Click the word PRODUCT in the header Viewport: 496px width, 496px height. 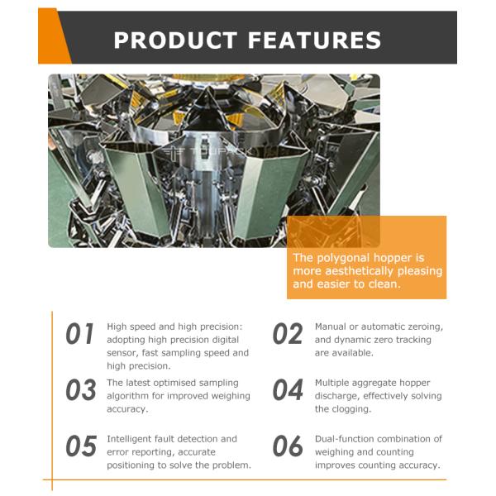(x=175, y=41)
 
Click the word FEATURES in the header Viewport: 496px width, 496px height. (x=314, y=41)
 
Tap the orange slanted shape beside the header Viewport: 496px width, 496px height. (x=54, y=36)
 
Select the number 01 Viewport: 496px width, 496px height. (x=79, y=333)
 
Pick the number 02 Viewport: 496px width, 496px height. (x=288, y=333)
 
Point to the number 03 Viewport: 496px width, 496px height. (x=81, y=389)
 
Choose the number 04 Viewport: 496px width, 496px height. (x=288, y=389)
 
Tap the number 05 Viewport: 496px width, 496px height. (x=81, y=446)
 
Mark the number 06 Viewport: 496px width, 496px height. (x=288, y=446)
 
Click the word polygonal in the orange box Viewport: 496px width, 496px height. (x=351, y=259)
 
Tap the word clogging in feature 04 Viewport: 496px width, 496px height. (x=351, y=409)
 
